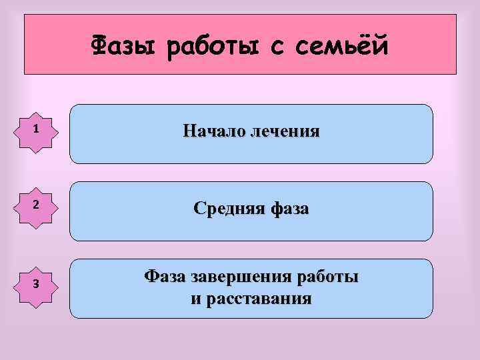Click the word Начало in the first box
213,131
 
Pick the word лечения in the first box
283,131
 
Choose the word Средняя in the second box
229,209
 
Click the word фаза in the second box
290,209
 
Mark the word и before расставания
195,299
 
